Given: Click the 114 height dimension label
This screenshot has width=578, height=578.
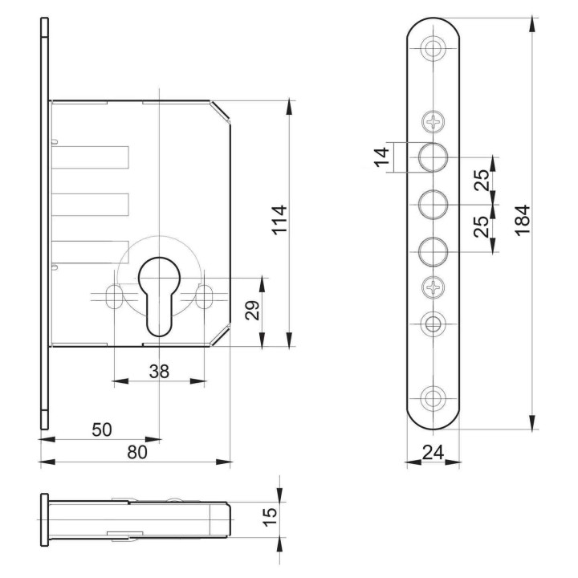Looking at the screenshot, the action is click(280, 219).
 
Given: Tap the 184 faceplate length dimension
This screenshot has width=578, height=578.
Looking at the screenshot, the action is click(523, 220).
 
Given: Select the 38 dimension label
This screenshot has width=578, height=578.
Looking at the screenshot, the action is click(159, 371).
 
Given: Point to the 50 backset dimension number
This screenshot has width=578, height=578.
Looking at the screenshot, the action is click(102, 429).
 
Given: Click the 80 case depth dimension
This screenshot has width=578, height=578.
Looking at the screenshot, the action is click(137, 452).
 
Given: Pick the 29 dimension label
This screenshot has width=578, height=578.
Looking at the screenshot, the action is click(253, 311).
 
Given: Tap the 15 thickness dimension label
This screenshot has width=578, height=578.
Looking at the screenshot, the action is click(270, 517).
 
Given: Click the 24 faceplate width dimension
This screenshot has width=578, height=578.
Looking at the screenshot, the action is click(433, 452).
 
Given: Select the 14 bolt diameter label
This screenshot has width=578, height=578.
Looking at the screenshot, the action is click(382, 157).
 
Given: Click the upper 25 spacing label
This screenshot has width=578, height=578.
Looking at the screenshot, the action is click(482, 180).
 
